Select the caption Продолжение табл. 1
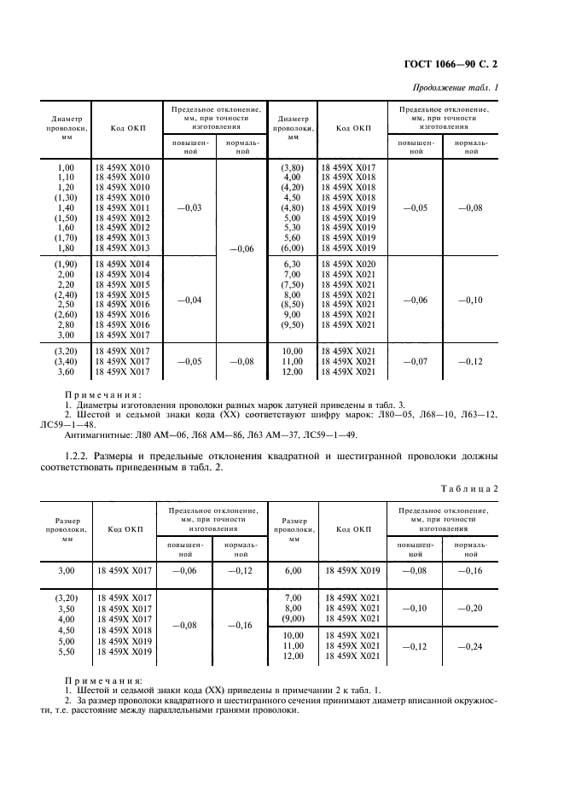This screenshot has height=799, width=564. [x=456, y=88]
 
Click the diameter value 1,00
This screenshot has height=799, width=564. [x=65, y=167]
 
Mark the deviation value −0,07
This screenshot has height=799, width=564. [x=416, y=362]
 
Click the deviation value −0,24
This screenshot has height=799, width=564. [x=471, y=647]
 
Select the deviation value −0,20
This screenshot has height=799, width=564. [x=471, y=608]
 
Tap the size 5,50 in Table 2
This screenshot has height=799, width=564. [x=65, y=651]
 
